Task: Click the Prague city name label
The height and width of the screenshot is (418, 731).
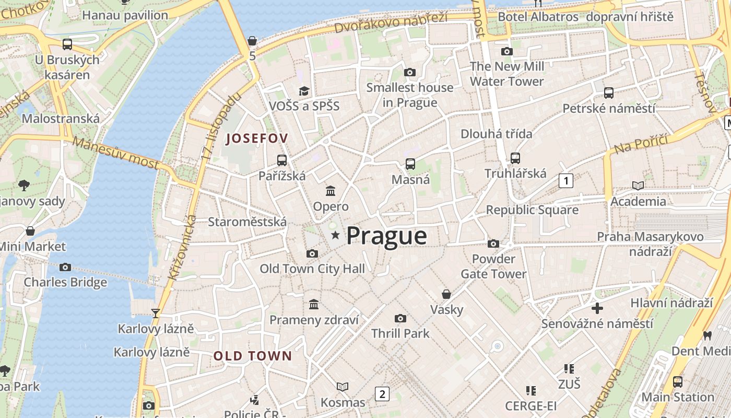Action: pos(386,236)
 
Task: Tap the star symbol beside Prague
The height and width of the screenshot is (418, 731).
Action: pos(335,236)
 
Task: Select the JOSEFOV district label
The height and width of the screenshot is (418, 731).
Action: pos(256,138)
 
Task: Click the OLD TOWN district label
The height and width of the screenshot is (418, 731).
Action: pos(253,356)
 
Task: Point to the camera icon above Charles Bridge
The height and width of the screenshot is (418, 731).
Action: pos(65,267)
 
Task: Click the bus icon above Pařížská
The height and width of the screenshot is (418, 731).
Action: pos(282,160)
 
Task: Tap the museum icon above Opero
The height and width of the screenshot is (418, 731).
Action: pos(331,191)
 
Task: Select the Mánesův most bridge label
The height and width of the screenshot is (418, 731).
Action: pos(115,153)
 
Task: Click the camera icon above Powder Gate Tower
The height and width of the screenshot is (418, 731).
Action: pos(493,243)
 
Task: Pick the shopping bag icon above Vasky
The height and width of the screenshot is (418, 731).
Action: pos(446,294)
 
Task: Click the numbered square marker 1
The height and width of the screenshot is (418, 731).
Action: pos(565,181)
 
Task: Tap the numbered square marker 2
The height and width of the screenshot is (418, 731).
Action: pos(382,394)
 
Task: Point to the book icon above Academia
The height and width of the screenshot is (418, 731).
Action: pos(638,185)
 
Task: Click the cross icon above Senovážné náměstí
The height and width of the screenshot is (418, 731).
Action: pos(597,308)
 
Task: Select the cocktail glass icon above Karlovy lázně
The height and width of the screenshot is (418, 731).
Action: pos(155,313)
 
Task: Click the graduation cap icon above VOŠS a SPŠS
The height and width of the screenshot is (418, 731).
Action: pos(304,91)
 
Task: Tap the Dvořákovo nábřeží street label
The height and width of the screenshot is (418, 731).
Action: pos(391,22)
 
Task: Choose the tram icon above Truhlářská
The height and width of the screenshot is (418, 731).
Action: pos(515,158)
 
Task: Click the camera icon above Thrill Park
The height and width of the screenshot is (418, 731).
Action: pos(400,318)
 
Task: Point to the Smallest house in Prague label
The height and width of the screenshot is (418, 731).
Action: pos(409,95)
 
